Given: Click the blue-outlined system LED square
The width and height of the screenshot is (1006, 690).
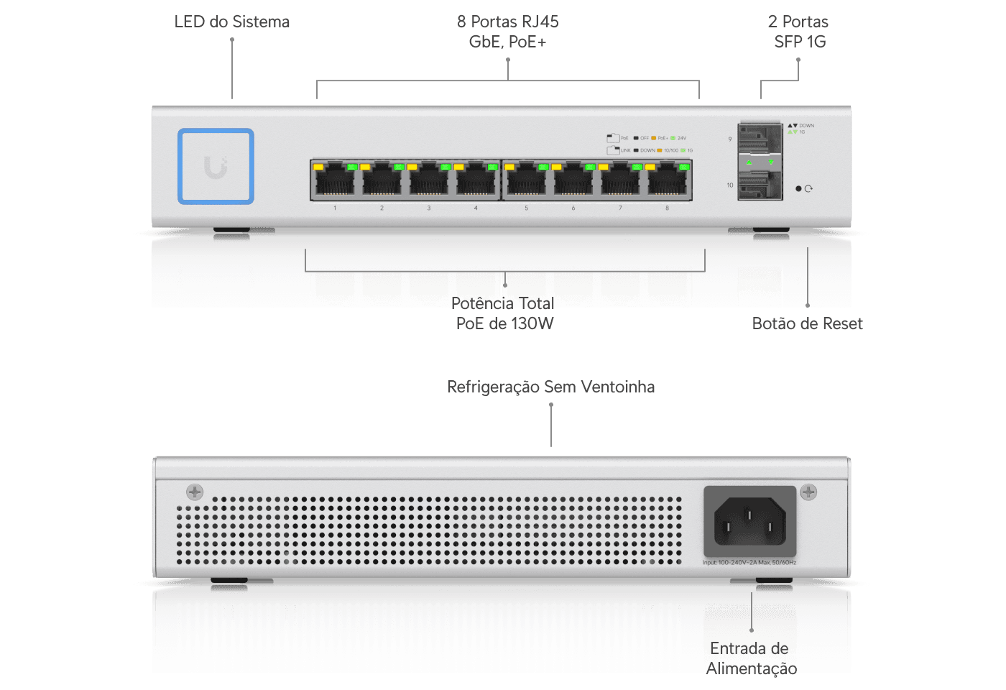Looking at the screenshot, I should click(x=216, y=166).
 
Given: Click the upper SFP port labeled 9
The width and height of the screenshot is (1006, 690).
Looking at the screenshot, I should click(x=760, y=139).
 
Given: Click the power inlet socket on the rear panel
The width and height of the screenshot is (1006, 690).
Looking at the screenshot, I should click(x=749, y=521).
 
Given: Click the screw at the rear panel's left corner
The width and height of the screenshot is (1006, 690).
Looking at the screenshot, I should click(x=195, y=492).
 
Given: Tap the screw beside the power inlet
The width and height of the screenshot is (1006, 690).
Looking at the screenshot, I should click(x=808, y=492).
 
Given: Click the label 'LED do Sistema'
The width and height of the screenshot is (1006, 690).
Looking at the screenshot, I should click(x=231, y=22).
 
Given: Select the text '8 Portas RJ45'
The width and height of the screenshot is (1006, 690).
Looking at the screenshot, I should click(x=507, y=22).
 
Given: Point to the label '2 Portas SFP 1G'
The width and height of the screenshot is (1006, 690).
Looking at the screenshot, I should click(x=799, y=32).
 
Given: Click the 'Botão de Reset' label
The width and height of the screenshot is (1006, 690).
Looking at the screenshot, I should click(x=807, y=324).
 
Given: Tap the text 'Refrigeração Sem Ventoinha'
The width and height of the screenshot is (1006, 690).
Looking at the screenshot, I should click(x=551, y=387).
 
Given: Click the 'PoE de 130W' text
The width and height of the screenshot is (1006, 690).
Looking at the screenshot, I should click(x=504, y=324).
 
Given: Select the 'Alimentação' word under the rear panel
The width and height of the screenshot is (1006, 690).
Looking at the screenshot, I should click(x=751, y=669).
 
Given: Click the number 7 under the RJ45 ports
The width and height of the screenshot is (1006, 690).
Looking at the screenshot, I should click(x=620, y=208).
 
